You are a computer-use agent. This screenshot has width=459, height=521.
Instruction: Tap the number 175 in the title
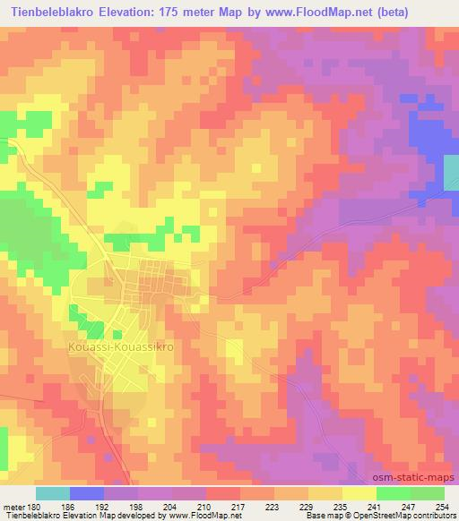(186, 11)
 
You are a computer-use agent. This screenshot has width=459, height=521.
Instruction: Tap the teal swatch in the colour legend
(53, 494)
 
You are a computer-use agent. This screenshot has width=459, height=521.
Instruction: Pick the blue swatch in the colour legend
(87, 494)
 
